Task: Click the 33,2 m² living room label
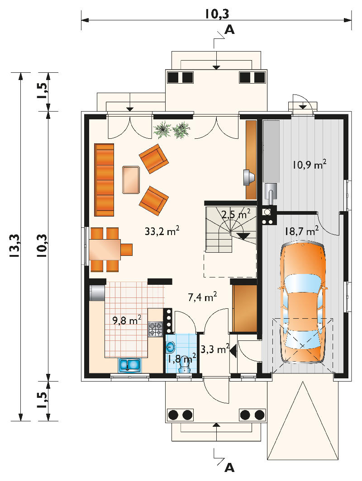coord(162,231)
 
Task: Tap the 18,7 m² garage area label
coord(301,231)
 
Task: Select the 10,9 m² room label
coord(309,165)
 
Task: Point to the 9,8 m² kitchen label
coord(127,321)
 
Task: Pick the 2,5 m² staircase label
coord(235,214)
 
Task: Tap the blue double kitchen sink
coord(130,365)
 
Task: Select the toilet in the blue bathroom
coord(185,364)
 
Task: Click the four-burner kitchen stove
coord(156,329)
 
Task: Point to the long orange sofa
coord(104,180)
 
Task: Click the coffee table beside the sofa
coord(131,180)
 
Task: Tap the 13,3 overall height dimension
coord(15,247)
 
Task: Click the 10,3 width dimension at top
coord(217,14)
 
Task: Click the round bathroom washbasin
coord(171,347)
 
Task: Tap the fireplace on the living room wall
coord(249,177)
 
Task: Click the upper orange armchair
coord(153,159)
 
